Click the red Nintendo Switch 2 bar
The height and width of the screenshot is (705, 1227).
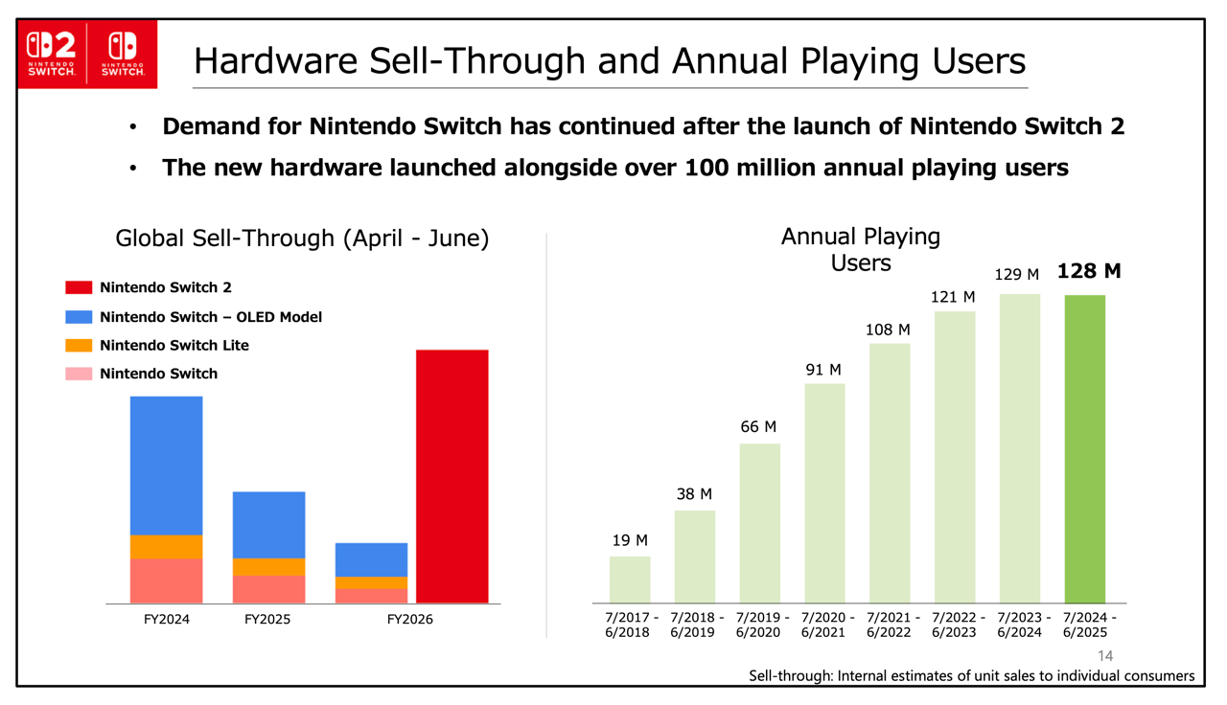(x=451, y=476)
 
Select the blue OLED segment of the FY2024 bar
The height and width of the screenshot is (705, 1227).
(x=166, y=466)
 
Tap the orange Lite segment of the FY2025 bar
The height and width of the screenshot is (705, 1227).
(x=268, y=567)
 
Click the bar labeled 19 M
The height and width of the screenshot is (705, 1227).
(x=630, y=580)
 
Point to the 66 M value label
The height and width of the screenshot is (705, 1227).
(x=758, y=427)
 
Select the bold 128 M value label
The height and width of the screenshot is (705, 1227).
(x=1089, y=271)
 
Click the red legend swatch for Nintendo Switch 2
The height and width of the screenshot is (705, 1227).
(x=79, y=287)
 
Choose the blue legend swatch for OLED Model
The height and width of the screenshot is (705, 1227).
(x=79, y=317)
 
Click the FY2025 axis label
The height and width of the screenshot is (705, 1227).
(x=267, y=620)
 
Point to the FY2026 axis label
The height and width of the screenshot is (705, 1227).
(x=409, y=620)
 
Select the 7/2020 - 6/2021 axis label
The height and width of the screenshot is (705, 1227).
(x=824, y=625)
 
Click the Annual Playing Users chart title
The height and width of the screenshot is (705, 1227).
(x=860, y=249)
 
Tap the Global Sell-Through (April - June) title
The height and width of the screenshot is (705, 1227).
(x=302, y=239)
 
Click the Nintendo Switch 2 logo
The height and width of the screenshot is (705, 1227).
(x=52, y=54)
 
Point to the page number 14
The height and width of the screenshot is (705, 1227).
(x=1105, y=656)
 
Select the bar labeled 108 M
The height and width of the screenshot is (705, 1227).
(x=890, y=472)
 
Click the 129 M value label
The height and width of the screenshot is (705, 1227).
(x=1016, y=275)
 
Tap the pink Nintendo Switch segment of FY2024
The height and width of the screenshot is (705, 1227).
(x=166, y=580)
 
